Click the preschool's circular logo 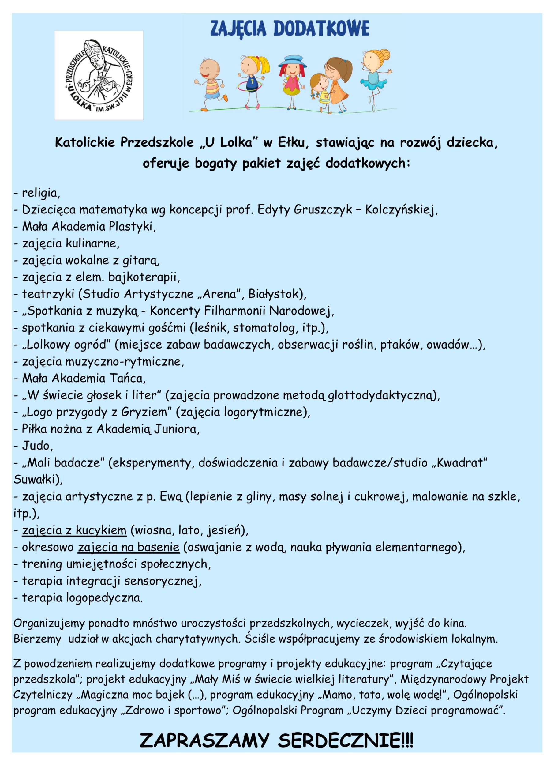[x=99, y=75]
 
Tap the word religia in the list [x=41, y=193]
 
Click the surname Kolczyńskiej [x=401, y=210]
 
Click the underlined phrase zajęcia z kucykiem [x=74, y=530]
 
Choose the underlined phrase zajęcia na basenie [x=129, y=547]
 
